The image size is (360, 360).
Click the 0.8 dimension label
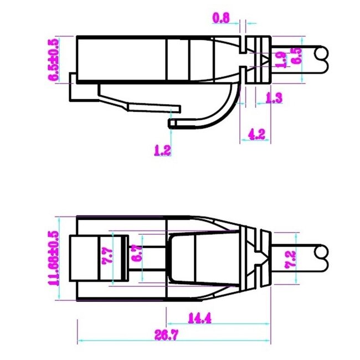click(x=222, y=18)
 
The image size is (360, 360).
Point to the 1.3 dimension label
click(x=274, y=98)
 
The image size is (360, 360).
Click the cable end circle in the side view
click(x=321, y=54)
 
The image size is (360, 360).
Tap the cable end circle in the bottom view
click(x=321, y=253)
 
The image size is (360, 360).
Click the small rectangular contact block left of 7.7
click(x=84, y=258)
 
